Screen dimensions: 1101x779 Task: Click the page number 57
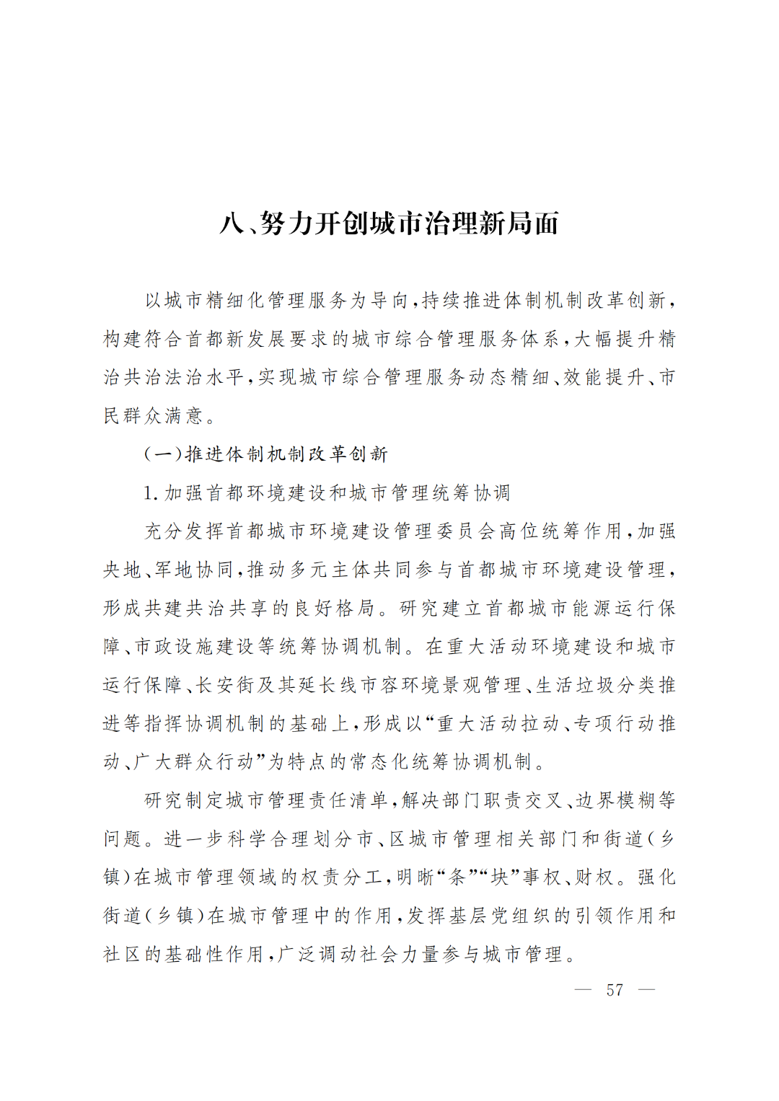(615, 990)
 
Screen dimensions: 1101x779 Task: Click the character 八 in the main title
(232, 224)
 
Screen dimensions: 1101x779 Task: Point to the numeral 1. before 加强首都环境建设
(151, 493)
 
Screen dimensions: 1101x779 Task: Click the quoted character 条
(457, 877)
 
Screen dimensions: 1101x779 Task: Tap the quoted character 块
(499, 877)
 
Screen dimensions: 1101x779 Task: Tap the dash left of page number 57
(583, 990)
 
